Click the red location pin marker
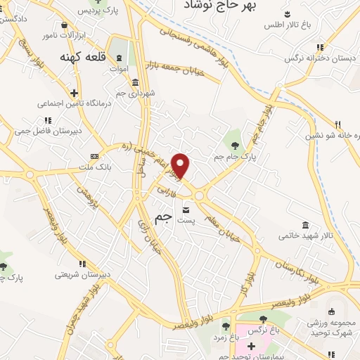(x=181, y=165)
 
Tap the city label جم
(x=162, y=219)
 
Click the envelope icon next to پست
(x=186, y=210)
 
